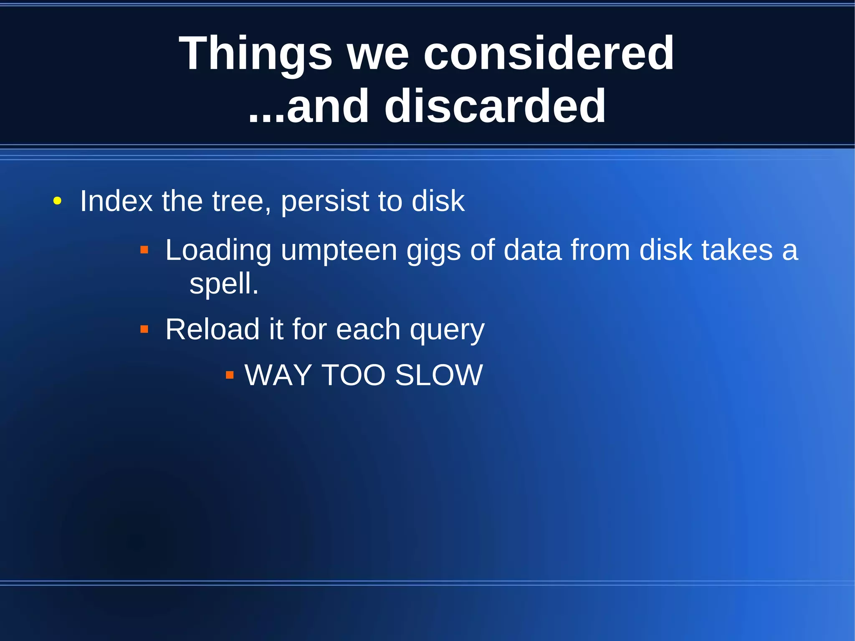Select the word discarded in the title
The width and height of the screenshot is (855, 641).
(495, 107)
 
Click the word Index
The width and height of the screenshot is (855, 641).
(116, 201)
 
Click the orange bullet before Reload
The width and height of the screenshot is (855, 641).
(144, 329)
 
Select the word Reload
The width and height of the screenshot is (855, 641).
(212, 329)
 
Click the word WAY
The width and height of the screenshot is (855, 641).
(278, 375)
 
